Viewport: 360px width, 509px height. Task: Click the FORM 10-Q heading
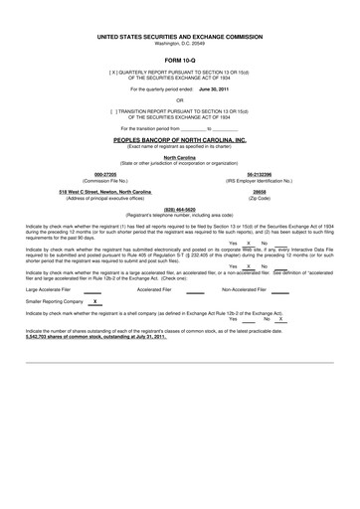click(x=179, y=61)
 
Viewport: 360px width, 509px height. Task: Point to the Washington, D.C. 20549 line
click(x=179, y=43)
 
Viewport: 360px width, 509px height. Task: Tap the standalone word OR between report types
click(x=179, y=100)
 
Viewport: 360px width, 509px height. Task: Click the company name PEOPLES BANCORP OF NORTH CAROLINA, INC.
click(x=179, y=142)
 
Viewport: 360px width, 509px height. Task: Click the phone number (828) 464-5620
click(x=179, y=209)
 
